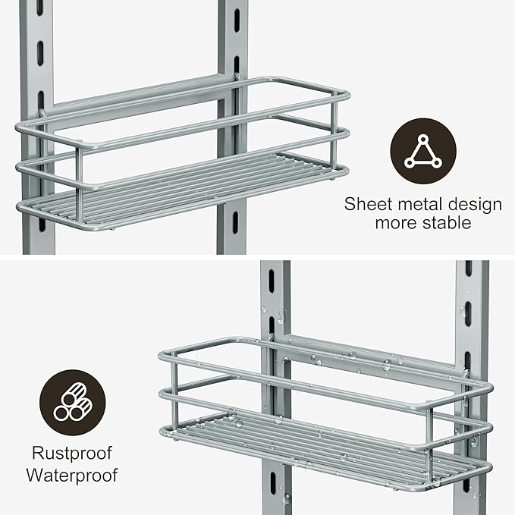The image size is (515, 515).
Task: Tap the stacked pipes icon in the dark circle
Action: (73, 403)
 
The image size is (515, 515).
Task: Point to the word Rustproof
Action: (72, 454)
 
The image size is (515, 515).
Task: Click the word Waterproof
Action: (72, 476)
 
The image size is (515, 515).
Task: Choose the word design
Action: (472, 204)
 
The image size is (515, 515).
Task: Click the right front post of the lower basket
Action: (430, 440)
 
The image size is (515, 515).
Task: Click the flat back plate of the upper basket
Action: (137, 99)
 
